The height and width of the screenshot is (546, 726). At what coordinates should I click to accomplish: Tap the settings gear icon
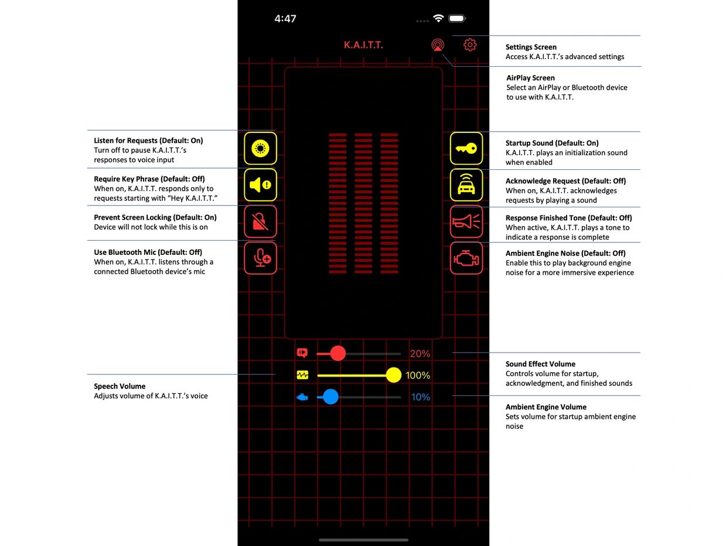pyautogui.click(x=470, y=45)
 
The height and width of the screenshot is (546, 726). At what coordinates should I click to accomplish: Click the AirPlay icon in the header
pyautogui.click(x=438, y=45)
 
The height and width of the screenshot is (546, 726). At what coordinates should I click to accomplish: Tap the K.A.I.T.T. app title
pyautogui.click(x=363, y=45)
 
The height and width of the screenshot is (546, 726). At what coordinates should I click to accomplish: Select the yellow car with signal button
pyautogui.click(x=466, y=185)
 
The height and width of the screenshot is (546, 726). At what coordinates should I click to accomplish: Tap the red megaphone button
pyautogui.click(x=466, y=221)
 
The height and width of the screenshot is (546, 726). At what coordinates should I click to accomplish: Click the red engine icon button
pyautogui.click(x=466, y=258)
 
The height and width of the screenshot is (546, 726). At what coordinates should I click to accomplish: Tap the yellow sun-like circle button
pyautogui.click(x=260, y=148)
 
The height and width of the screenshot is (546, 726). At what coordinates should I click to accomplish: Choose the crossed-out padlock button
pyautogui.click(x=260, y=221)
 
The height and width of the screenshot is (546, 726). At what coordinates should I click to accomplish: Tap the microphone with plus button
pyautogui.click(x=260, y=258)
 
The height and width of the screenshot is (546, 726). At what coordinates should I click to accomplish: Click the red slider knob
pyautogui.click(x=338, y=353)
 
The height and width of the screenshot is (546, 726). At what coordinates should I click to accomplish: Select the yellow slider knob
pyautogui.click(x=393, y=375)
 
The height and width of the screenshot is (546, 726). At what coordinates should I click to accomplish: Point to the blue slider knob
pyautogui.click(x=330, y=397)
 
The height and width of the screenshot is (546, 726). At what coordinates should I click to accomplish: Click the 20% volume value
pyautogui.click(x=420, y=353)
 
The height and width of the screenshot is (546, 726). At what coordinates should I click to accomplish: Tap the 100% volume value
pyautogui.click(x=418, y=376)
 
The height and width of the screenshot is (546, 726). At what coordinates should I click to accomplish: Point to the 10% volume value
pyautogui.click(x=420, y=397)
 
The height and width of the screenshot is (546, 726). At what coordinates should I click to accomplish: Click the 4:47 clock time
pyautogui.click(x=285, y=19)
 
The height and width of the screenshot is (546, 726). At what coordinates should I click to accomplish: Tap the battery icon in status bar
pyautogui.click(x=457, y=18)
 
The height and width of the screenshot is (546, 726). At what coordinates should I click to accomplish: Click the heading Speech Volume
pyautogui.click(x=120, y=386)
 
